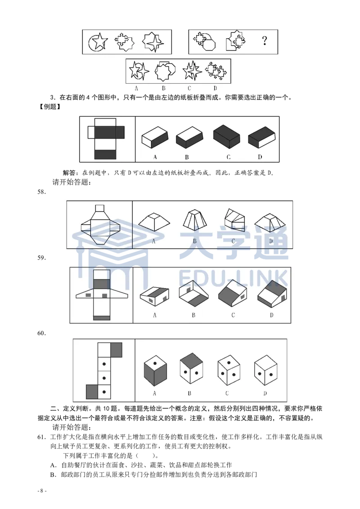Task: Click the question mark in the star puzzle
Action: (265, 41)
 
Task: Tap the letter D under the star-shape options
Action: (215, 88)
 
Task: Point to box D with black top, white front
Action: (261, 137)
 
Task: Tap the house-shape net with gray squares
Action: (101, 295)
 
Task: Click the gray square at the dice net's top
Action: (116, 350)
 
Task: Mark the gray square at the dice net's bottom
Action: (92, 392)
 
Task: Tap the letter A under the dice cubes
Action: (154, 393)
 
